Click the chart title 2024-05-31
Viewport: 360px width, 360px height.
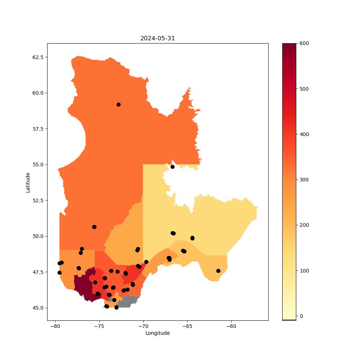pos(158,39)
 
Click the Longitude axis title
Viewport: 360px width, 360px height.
pos(158,333)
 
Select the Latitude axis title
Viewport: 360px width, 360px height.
pos(28,183)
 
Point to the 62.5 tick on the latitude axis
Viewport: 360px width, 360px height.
pos(38,57)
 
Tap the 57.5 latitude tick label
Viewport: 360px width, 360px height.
pos(38,129)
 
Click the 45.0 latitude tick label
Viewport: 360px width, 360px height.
pos(38,308)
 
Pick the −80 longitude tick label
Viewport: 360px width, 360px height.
pos(55,326)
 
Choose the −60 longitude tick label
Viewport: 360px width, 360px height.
pos(231,326)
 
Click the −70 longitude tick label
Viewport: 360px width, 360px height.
pos(143,326)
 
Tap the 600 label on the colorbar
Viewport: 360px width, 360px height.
pos(304,44)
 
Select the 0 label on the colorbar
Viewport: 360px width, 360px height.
pos(301,316)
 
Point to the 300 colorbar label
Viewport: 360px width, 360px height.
pos(304,180)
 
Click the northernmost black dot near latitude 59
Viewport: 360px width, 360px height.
pos(118,105)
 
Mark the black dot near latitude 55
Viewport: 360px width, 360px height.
pos(172,167)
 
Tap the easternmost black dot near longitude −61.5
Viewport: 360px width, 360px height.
pos(219,271)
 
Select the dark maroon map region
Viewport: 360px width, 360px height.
pos(85,286)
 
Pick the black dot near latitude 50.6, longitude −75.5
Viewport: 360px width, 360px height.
pos(94,227)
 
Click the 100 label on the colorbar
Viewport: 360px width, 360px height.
pos(304,271)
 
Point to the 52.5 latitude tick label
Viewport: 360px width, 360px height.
pos(38,201)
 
